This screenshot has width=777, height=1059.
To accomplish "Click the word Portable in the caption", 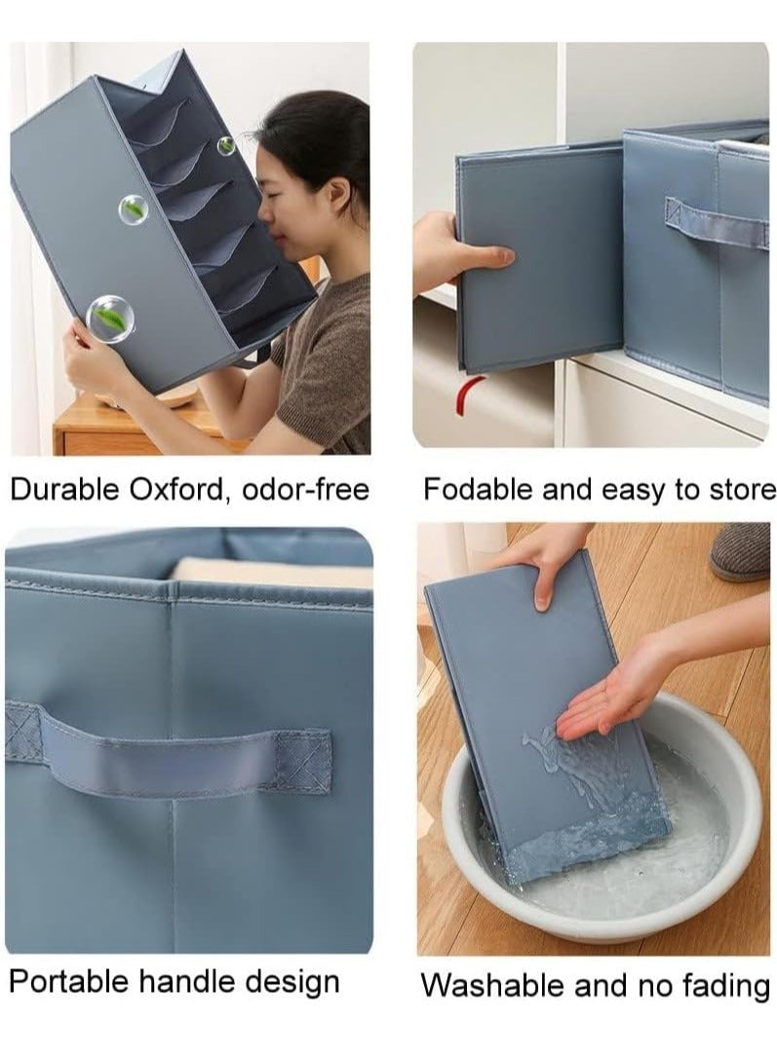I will pyautogui.click(x=69, y=981).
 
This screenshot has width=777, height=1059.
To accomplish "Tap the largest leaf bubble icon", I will pyautogui.click(x=109, y=316).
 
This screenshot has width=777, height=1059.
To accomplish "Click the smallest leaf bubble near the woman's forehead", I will pyautogui.click(x=225, y=145).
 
